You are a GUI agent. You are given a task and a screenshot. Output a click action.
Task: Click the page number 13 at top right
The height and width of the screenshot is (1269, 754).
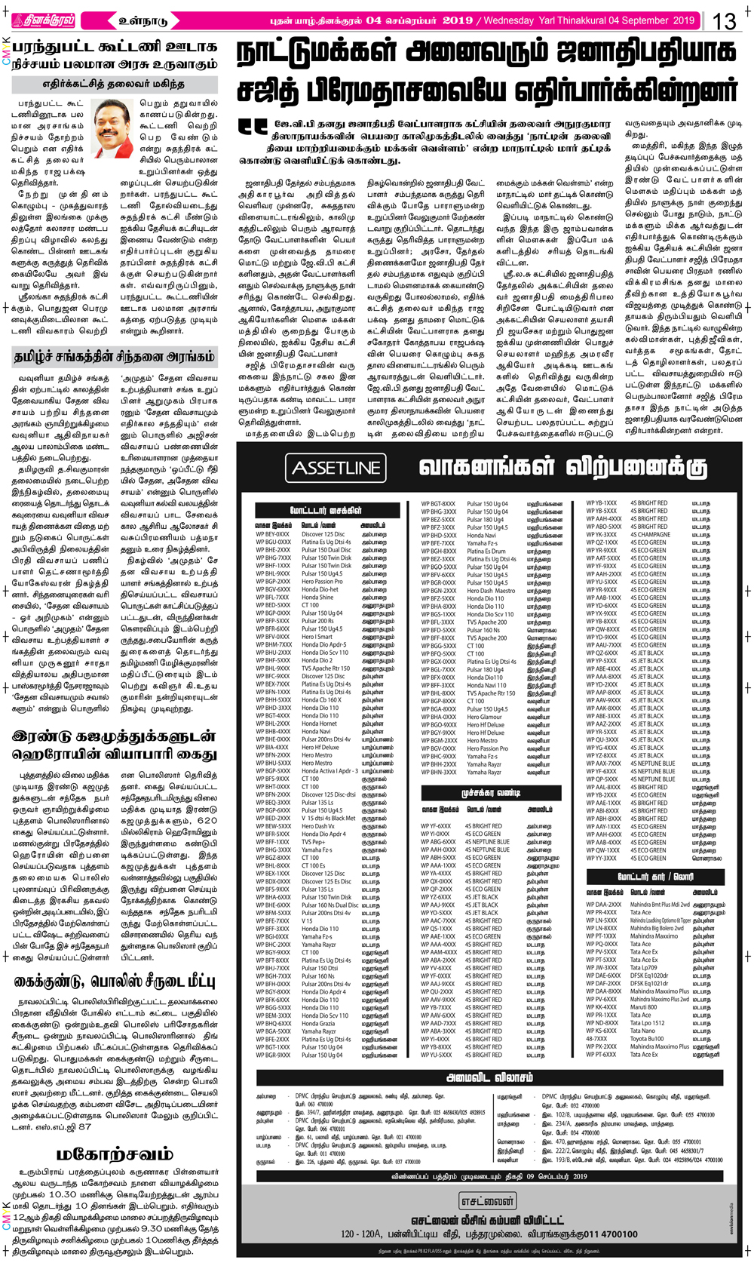725,21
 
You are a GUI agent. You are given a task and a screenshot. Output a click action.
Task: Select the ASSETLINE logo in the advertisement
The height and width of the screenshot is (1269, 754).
336,468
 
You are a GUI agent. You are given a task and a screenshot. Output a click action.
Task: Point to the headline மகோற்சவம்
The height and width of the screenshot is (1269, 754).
115,1154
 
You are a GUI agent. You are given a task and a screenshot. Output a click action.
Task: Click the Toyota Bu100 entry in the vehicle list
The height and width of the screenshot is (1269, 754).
647,1039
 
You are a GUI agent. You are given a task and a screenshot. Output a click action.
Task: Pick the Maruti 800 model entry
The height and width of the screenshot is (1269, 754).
643,1007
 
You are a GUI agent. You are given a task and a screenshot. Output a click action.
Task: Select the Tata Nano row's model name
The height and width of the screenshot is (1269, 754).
642,1031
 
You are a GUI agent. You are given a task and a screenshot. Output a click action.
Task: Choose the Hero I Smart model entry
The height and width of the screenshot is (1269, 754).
317,637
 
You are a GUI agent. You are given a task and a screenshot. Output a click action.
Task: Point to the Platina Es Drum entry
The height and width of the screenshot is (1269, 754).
486,551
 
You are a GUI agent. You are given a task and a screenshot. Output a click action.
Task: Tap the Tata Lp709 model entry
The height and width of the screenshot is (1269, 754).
643,967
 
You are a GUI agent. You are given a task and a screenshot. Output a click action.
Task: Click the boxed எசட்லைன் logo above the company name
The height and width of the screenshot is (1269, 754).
488,1201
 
